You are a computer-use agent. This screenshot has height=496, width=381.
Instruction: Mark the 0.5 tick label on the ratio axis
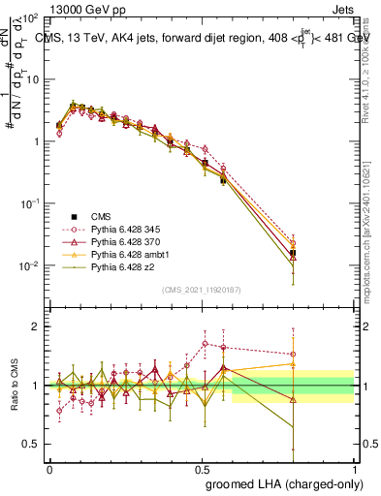point(31,445)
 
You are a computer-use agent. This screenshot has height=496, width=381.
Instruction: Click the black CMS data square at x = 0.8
point(293,253)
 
